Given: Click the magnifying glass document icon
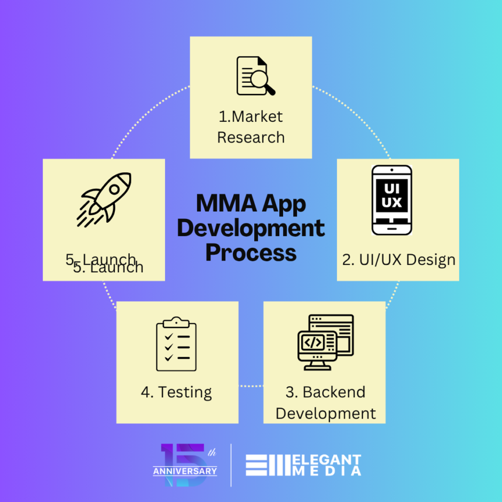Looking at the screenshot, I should point(255,76).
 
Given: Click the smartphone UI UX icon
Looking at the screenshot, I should point(392,200).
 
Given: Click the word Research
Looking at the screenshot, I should point(250,137).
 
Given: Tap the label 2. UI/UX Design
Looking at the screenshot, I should point(398,260).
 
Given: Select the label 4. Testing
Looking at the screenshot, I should point(176,393).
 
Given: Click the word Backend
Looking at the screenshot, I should point(334,392).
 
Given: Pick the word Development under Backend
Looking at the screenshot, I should point(325,413).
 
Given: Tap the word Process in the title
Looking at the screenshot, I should point(250,252).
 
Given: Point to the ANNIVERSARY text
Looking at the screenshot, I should point(185,471).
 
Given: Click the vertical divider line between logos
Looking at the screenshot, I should point(231,465).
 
